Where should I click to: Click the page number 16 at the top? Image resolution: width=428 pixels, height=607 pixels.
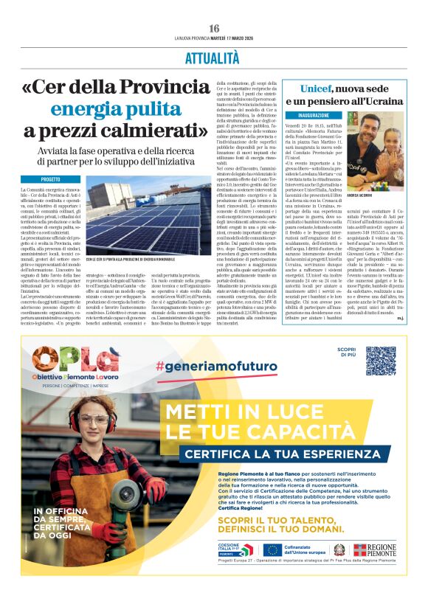[x=214, y=28]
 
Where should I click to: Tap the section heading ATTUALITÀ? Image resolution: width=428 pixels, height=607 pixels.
[x=214, y=58]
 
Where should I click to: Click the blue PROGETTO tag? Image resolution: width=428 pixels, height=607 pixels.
[x=50, y=179]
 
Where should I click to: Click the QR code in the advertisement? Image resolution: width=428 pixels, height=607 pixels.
[x=380, y=361]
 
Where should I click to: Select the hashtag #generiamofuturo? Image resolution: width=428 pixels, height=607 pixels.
[x=217, y=367]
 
